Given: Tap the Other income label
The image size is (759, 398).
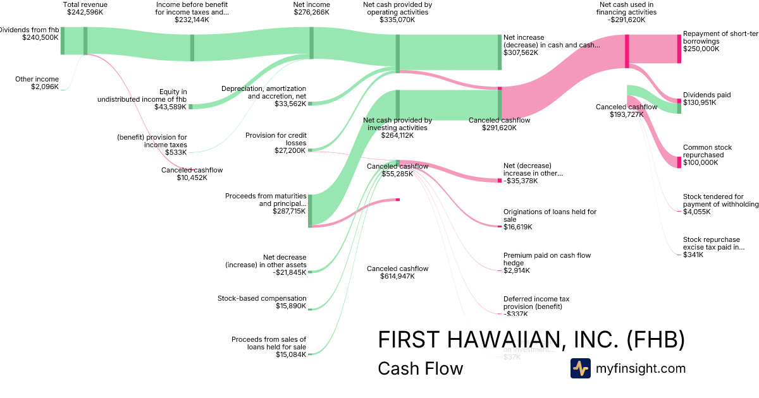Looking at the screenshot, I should point(37,79).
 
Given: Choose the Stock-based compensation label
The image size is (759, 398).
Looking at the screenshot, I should point(262,298).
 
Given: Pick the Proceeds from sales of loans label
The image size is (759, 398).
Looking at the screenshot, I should point(268,343).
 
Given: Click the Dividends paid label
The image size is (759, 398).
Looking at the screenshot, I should point(707,95).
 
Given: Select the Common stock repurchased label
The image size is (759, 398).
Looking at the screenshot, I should point(707,151).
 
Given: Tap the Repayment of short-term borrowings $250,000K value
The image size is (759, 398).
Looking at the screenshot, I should point(701,49).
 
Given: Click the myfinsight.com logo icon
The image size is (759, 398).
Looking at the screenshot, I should point(580,368).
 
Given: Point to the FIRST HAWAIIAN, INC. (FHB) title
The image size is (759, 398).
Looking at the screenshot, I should point(531,340).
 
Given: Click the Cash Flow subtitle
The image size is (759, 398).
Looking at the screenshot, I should point(420,369).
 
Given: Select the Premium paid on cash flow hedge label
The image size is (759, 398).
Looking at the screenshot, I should point(546,259).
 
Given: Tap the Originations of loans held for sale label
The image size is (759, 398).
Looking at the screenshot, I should point(549,215).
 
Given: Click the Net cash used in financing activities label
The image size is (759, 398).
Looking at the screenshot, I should point(626,8).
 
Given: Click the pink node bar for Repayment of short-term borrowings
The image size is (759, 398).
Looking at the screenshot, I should point(679,49).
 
